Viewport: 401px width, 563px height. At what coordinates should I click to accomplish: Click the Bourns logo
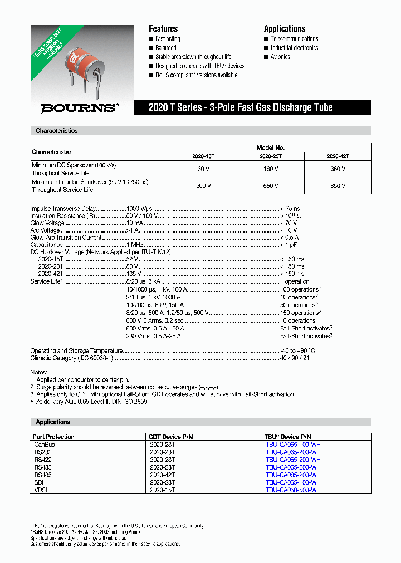pos(80,108)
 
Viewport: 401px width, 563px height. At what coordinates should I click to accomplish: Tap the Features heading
pos(163,28)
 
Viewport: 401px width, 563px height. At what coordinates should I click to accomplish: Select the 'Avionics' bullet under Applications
pos(280,57)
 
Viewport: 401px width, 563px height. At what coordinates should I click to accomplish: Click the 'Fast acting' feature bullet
pos(168,39)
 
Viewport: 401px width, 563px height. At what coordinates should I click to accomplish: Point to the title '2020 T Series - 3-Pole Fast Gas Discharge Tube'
pos(241,108)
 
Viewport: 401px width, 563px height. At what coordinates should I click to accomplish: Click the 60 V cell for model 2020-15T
pos(204,169)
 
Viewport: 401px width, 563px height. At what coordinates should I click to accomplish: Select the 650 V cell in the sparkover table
pos(271,186)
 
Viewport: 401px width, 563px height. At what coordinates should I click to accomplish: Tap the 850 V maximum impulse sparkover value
pos(338,186)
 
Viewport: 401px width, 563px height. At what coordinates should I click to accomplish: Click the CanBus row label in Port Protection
pos(45,445)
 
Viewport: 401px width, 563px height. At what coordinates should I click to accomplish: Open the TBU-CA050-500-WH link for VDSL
pos(293,490)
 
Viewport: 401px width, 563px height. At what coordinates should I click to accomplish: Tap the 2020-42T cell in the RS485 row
pos(162,475)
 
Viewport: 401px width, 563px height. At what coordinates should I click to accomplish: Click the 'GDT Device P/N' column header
pos(170,437)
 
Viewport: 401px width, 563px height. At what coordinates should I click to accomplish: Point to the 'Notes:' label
pos(38,372)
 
